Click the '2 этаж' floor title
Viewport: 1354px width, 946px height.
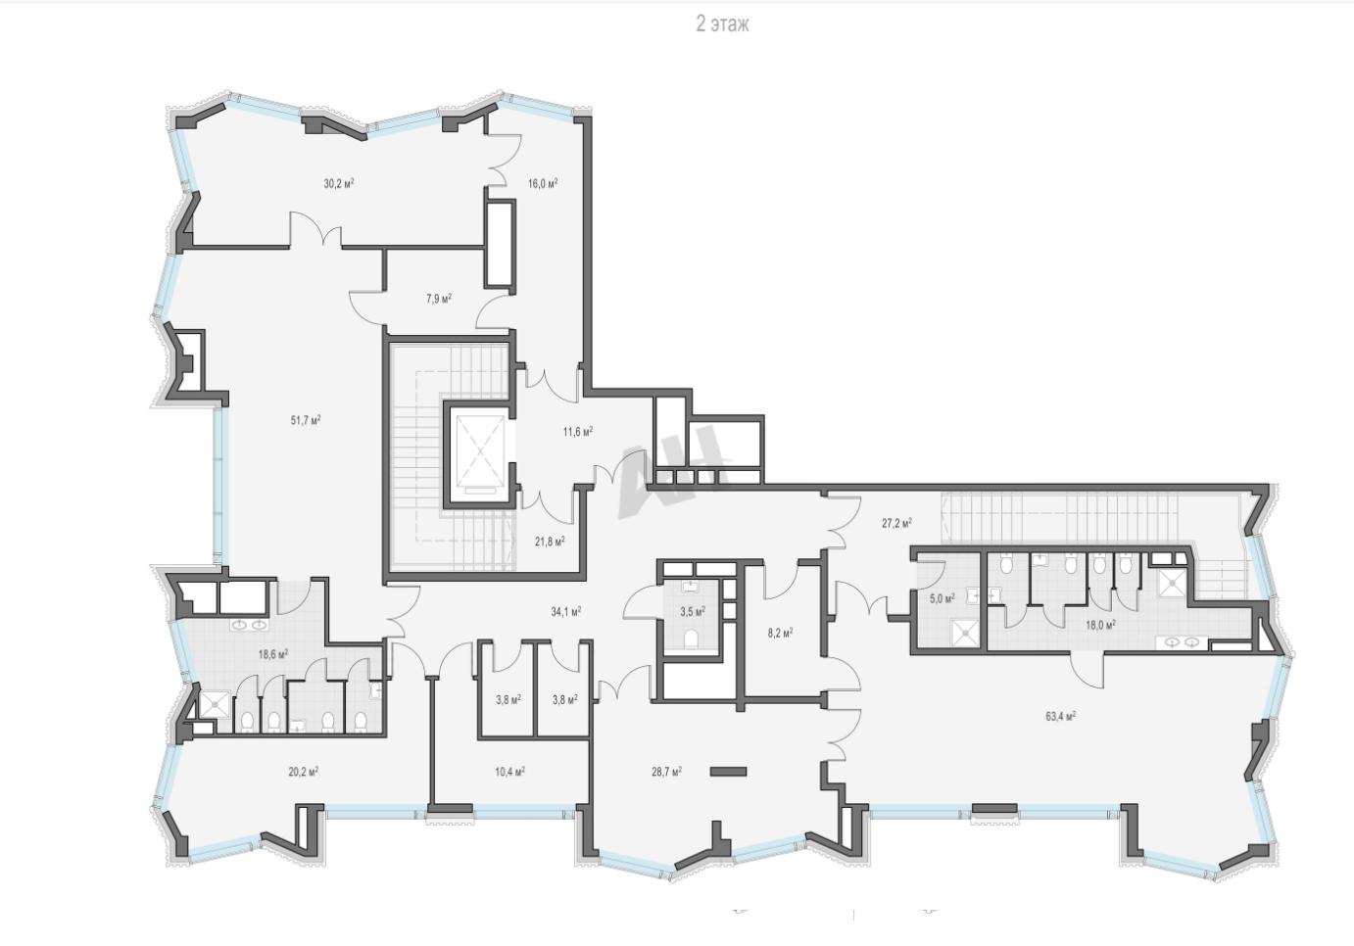(722, 24)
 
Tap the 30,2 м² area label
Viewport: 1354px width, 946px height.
(339, 184)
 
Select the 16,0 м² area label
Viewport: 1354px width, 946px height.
(543, 184)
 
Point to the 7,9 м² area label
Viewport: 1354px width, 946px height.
(439, 299)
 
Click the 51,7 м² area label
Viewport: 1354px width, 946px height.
(306, 420)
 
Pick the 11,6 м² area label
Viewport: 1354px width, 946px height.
(578, 431)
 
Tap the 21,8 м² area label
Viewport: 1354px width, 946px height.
(550, 542)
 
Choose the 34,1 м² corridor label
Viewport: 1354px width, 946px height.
(565, 612)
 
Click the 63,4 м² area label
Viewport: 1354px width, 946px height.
(1061, 717)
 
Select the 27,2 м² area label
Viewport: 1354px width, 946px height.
(897, 523)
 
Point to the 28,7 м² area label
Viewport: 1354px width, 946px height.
(667, 772)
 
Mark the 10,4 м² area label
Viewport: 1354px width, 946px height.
(509, 772)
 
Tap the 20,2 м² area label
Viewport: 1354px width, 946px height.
(304, 772)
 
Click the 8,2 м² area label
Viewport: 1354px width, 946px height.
(780, 633)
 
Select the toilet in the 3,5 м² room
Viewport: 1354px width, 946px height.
(691, 637)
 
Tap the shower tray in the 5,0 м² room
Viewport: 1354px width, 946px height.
(963, 632)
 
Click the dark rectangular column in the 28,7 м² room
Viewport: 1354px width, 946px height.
(728, 772)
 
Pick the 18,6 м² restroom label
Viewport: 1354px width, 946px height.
(272, 653)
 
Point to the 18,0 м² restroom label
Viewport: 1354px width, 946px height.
(1100, 625)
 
